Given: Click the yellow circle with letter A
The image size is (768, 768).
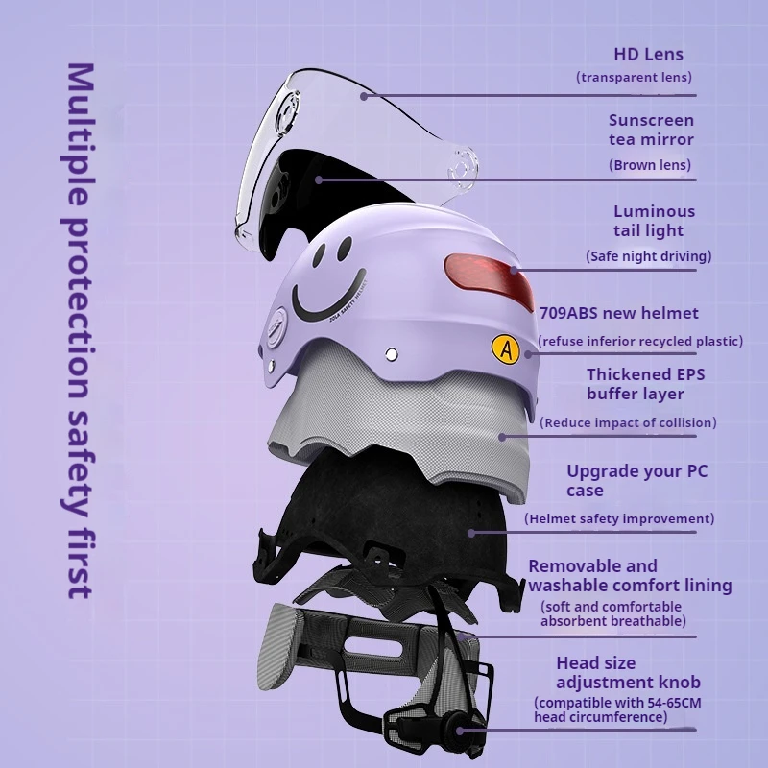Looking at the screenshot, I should point(506,349).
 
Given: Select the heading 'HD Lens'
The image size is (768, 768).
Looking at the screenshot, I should point(649,55).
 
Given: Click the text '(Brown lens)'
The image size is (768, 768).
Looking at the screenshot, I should point(650,165).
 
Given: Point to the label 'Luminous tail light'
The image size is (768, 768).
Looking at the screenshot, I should point(654,221).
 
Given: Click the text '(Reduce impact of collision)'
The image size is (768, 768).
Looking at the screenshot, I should point(628,422).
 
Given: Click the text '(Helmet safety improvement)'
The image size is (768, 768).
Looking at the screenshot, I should point(619,518).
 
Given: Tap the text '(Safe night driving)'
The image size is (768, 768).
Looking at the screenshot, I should point(648,256).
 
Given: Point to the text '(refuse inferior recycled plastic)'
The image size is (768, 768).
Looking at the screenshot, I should point(639,341).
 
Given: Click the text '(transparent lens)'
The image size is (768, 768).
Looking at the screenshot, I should point(634,77).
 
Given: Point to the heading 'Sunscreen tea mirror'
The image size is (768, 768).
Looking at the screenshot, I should point(651,130).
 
